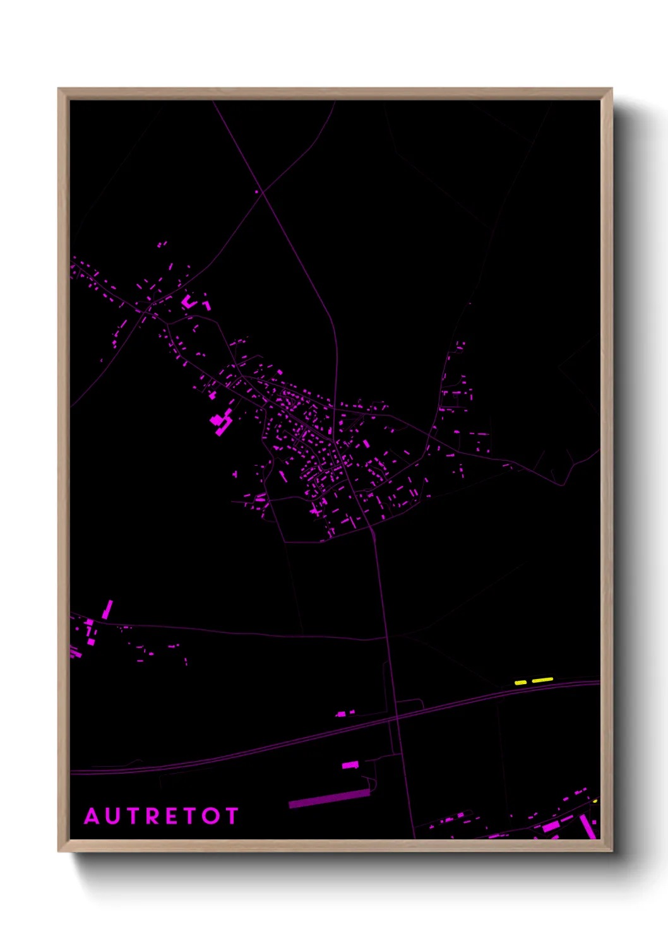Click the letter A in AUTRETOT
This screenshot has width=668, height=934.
(x=92, y=816)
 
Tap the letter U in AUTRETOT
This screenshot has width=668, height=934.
(x=114, y=816)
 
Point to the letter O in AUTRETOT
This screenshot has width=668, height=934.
(x=211, y=816)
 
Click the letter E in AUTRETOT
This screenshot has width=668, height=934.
(x=172, y=816)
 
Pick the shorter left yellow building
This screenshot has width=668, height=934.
(x=521, y=682)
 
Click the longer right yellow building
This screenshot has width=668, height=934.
(x=542, y=680)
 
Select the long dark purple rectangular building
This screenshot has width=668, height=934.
(x=329, y=798)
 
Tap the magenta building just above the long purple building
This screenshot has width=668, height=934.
(x=350, y=765)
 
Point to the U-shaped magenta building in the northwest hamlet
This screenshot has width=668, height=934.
(x=189, y=301)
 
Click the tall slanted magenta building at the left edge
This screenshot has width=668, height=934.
(x=107, y=609)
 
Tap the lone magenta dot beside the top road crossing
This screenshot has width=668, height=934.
(x=257, y=191)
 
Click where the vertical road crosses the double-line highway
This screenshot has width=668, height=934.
(x=396, y=717)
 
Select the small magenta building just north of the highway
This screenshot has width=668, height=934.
(x=342, y=714)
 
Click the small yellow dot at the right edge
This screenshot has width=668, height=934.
(x=595, y=801)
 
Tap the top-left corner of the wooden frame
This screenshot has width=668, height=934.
(x=59, y=89)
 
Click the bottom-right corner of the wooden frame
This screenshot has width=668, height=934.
(x=611, y=851)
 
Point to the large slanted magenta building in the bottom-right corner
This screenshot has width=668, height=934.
(x=588, y=825)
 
